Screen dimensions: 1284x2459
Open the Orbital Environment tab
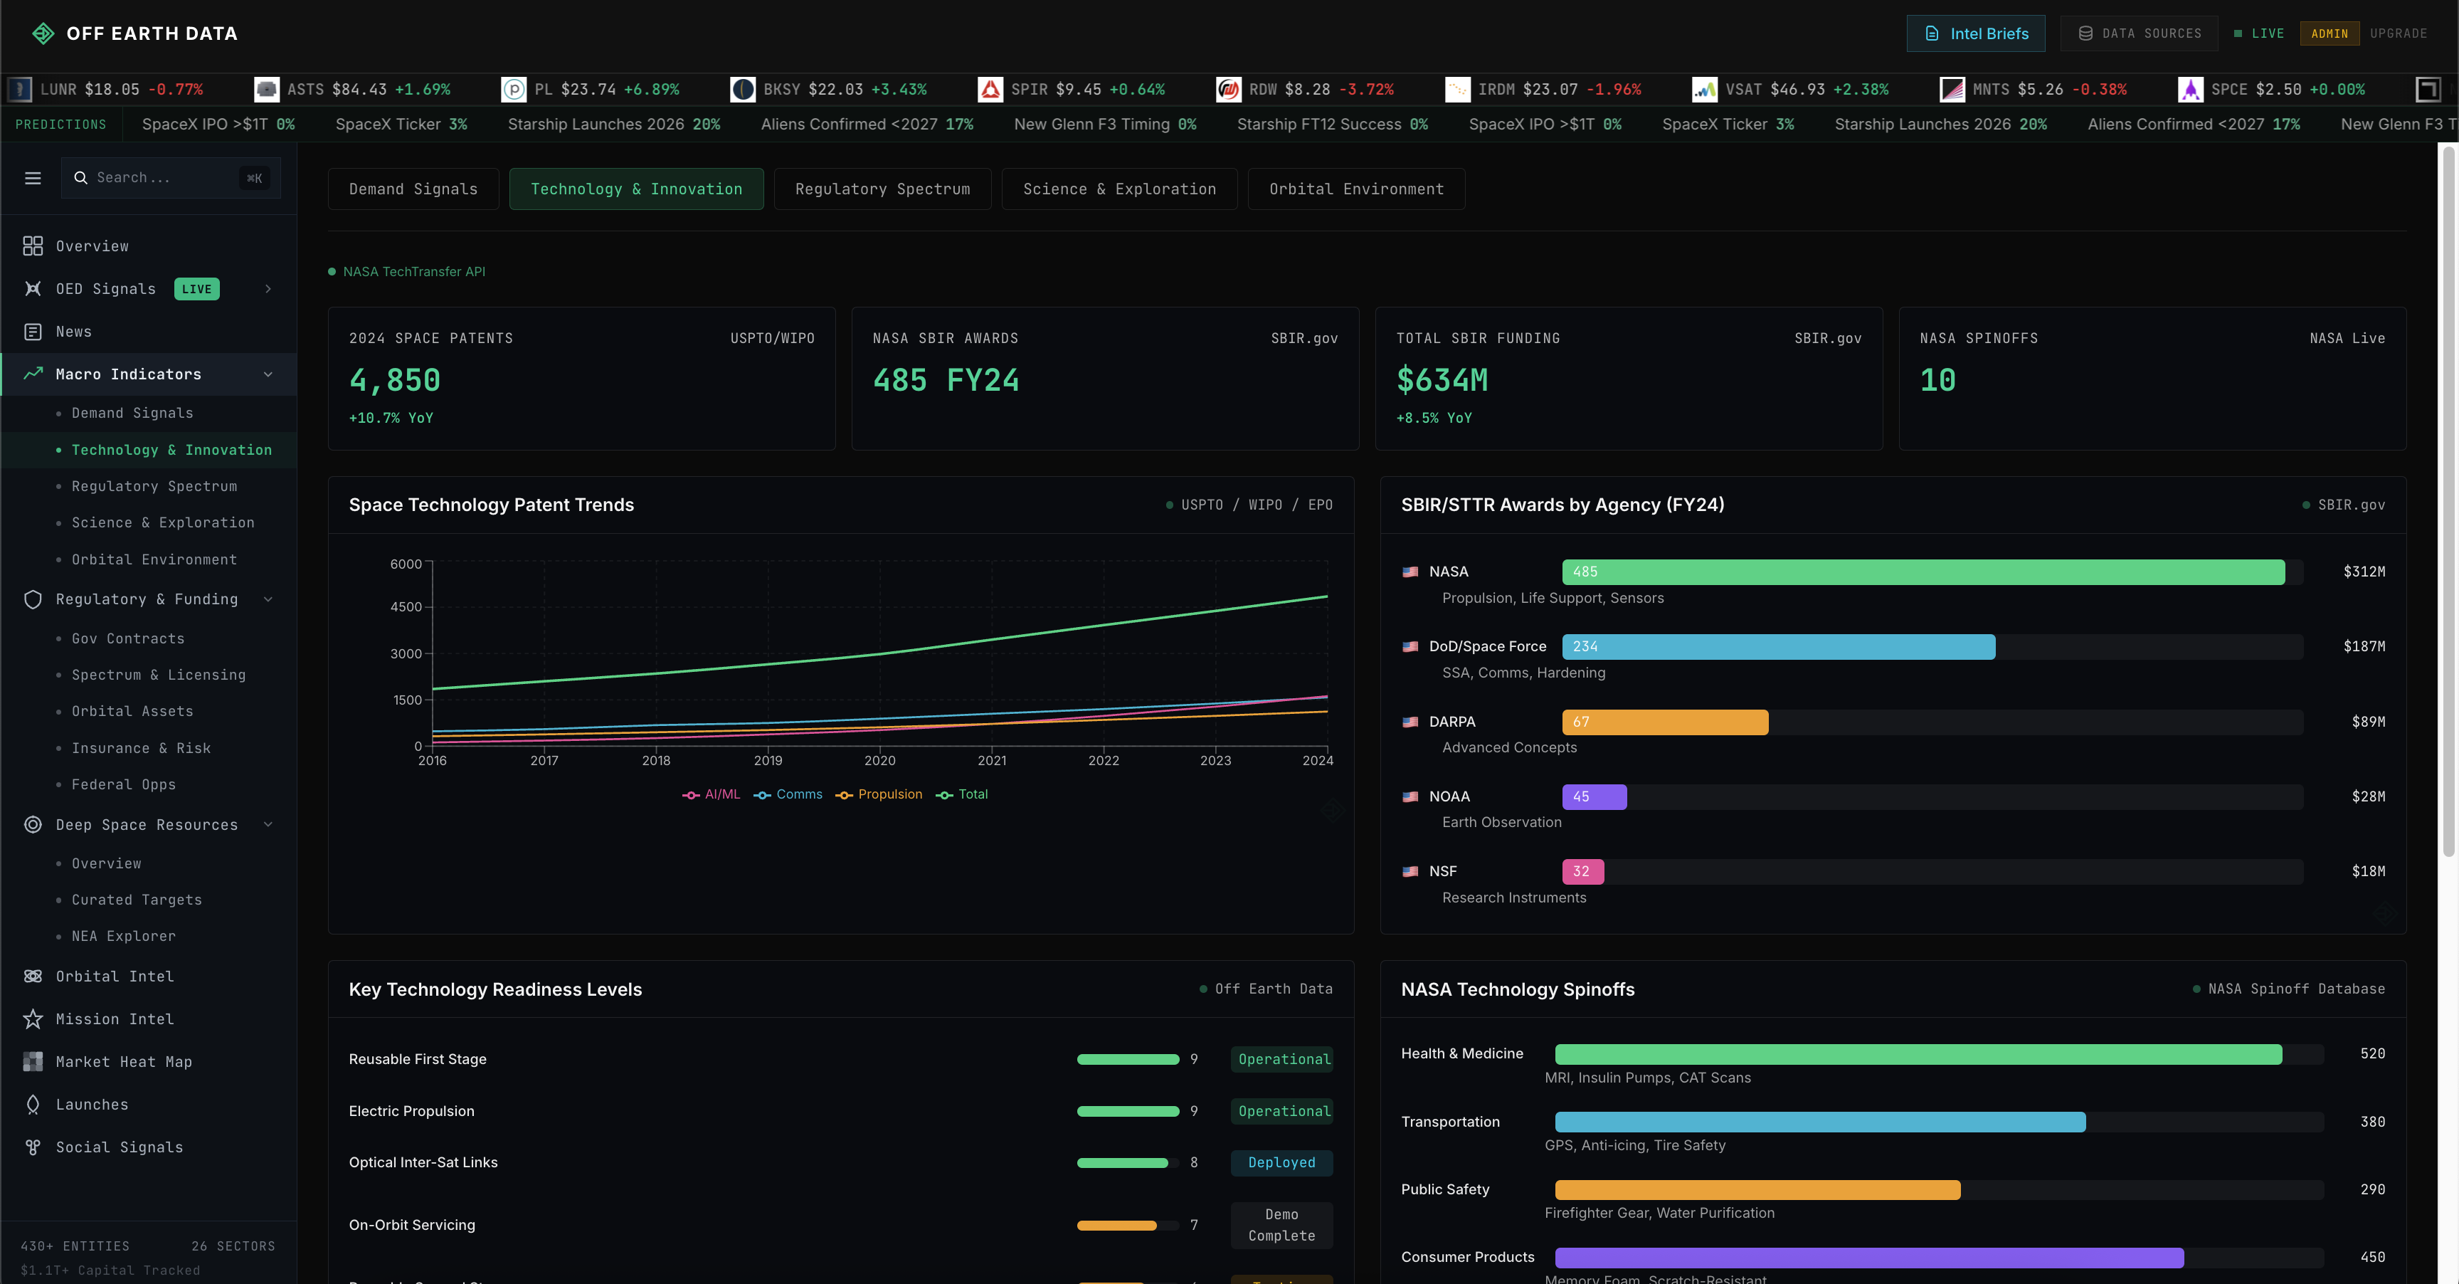tap(1355, 189)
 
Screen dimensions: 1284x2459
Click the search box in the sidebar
tap(162, 177)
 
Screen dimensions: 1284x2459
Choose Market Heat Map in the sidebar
tap(123, 1061)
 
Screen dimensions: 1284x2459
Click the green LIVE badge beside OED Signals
tap(196, 289)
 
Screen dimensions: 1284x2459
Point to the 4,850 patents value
tap(394, 380)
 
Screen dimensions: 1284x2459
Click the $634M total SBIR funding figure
tap(1442, 380)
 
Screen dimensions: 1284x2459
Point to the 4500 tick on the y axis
tap(406, 607)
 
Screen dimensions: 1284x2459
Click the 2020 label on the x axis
tap(879, 761)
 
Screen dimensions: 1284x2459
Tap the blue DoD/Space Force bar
tap(1777, 646)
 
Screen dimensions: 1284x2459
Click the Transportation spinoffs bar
tap(1819, 1122)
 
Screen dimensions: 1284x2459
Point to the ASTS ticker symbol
tap(305, 90)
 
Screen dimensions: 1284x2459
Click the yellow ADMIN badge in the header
tap(2330, 33)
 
